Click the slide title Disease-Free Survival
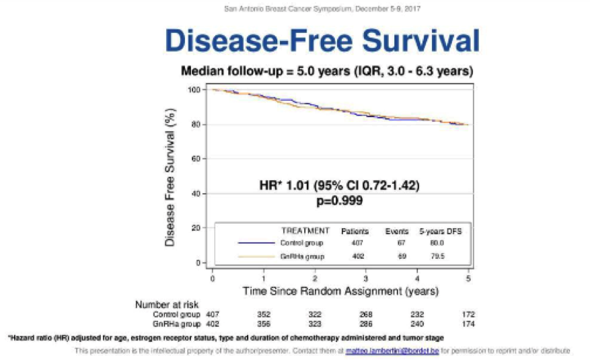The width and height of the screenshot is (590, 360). (x=322, y=40)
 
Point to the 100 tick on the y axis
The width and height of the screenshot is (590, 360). (x=194, y=89)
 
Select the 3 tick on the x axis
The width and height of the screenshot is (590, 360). (x=366, y=277)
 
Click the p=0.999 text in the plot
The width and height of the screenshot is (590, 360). (x=340, y=201)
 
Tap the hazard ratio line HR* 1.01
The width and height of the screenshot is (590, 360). (x=340, y=186)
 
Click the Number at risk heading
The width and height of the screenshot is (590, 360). (x=167, y=304)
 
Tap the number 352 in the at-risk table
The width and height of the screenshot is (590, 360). (x=264, y=314)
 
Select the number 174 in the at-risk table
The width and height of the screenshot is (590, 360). (x=468, y=324)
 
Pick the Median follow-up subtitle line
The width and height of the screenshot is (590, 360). (x=328, y=71)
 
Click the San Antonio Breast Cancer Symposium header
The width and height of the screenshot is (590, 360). (x=322, y=8)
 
